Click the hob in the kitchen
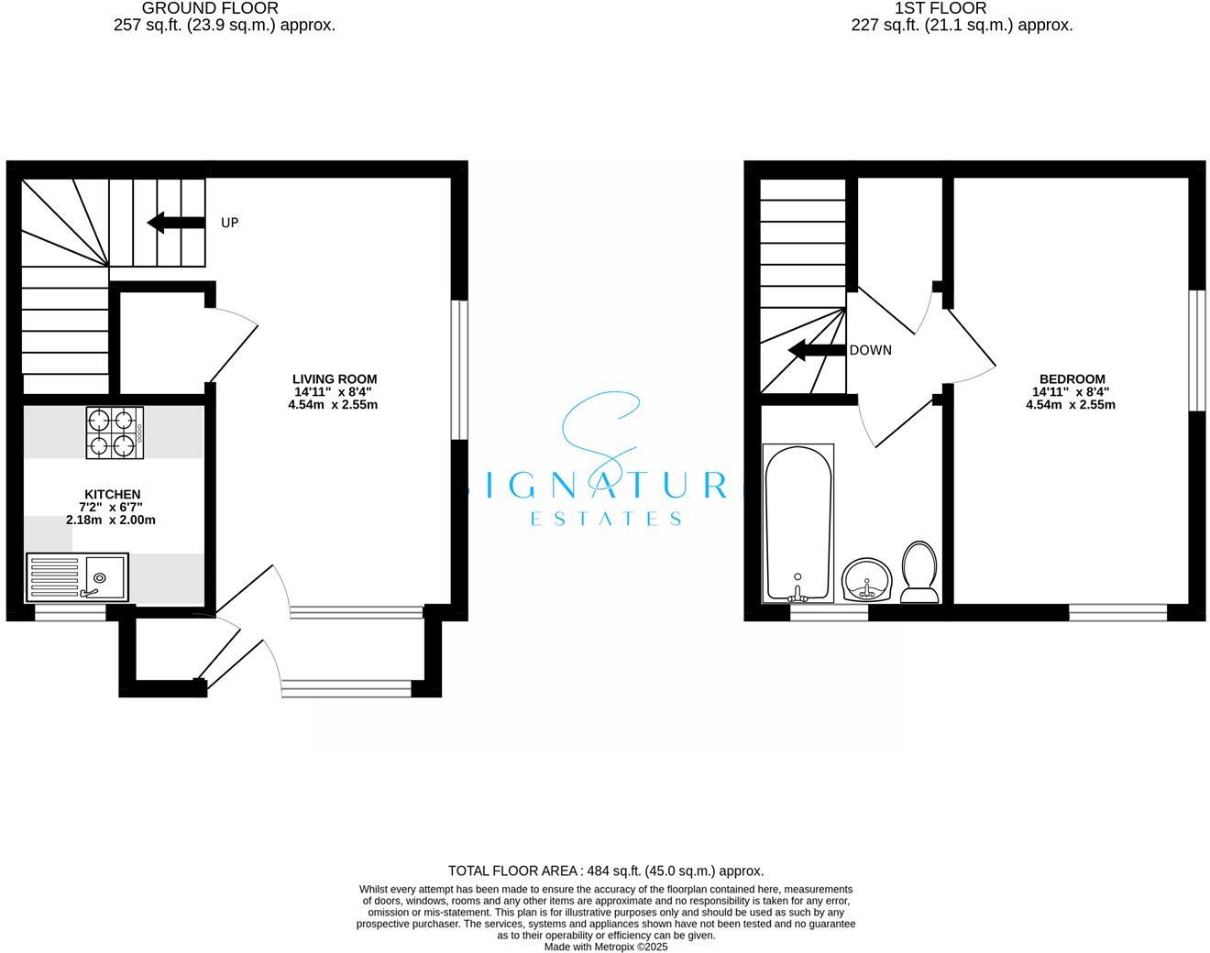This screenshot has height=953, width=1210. tap(115, 433)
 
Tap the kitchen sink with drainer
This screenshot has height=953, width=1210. tap(77, 577)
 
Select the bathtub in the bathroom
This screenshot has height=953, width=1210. tap(798, 522)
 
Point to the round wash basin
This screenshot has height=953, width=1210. tap(866, 579)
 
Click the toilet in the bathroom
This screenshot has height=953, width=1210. tap(918, 573)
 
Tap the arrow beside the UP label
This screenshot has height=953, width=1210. tap(176, 222)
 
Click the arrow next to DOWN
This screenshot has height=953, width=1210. tap(817, 350)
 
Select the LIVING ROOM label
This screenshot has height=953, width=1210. tap(335, 378)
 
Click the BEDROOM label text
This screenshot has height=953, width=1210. tap(1072, 378)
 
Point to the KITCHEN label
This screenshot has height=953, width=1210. tap(111, 494)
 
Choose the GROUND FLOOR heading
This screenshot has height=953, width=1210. tap(210, 8)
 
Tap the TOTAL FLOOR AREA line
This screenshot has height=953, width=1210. tap(605, 871)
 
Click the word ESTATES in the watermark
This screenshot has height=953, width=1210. tap(606, 519)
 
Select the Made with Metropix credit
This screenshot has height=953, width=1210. tap(605, 947)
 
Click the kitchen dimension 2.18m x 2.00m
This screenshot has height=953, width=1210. tap(111, 520)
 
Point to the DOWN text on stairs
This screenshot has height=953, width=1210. tap(870, 350)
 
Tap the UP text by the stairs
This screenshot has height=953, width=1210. tap(230, 223)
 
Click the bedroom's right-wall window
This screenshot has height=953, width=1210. tap(1197, 350)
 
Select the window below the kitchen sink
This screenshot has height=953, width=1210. tap(71, 614)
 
